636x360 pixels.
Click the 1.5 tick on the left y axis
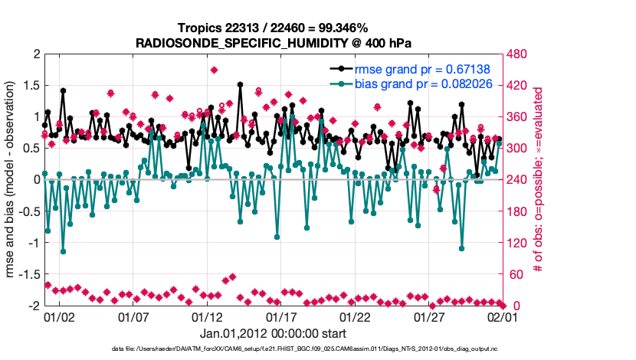(x=30, y=86)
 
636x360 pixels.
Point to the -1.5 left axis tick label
(x=28, y=274)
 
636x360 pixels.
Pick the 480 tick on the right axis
(x=518, y=54)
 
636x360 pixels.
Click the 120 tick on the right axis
(x=518, y=243)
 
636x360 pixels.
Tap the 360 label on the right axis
(x=518, y=117)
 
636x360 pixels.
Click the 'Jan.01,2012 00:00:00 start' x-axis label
(x=274, y=333)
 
